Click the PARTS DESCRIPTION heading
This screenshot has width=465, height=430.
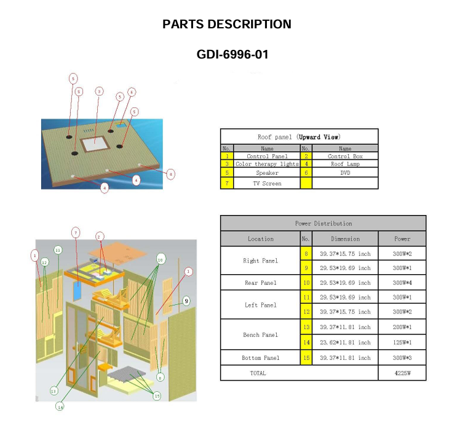click(x=227, y=25)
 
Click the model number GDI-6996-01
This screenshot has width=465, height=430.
click(x=232, y=55)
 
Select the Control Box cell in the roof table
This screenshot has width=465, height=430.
click(x=344, y=156)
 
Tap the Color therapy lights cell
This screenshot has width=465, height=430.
click(x=267, y=164)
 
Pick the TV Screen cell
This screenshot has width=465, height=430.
click(x=267, y=184)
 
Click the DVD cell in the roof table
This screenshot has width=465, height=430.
click(x=344, y=173)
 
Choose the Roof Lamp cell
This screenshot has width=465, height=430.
click(x=344, y=164)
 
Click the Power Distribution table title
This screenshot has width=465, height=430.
click(x=323, y=223)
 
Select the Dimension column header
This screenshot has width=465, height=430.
click(x=345, y=239)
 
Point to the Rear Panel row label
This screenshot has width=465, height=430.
click(x=260, y=283)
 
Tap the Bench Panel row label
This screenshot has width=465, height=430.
click(x=260, y=335)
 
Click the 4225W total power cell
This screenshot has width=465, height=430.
click(x=402, y=373)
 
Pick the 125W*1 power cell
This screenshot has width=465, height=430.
click(x=402, y=343)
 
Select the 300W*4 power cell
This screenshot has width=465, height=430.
click(x=402, y=283)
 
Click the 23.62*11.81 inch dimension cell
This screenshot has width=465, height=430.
click(x=345, y=343)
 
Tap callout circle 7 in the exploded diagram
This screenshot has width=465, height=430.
click(x=76, y=232)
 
